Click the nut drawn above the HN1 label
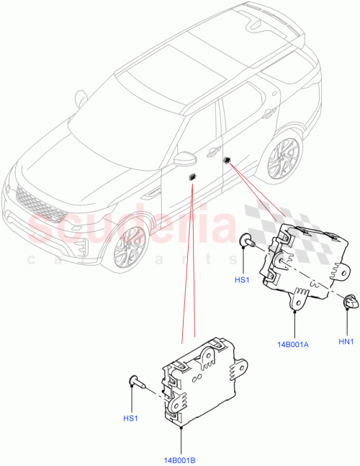350,303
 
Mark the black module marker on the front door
192,176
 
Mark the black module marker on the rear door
227,160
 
